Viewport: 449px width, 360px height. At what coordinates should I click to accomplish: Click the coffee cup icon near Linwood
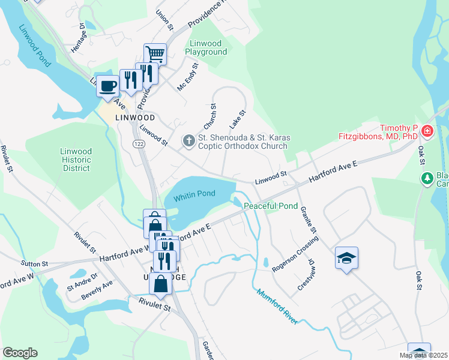click(107, 86)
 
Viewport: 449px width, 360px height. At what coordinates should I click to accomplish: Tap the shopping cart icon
click(155, 54)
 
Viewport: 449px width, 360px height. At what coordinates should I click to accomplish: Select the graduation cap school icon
click(346, 257)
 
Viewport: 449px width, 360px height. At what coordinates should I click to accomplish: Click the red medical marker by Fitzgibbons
click(427, 130)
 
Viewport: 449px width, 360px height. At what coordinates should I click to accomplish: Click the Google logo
click(20, 353)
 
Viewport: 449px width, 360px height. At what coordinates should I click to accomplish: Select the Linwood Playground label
click(208, 48)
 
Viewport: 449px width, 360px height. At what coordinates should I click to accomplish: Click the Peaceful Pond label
click(270, 206)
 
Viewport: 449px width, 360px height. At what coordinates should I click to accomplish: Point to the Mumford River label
click(277, 307)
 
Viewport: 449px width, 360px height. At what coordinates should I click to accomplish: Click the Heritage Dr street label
click(77, 37)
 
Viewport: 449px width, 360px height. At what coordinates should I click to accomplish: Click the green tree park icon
click(427, 178)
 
